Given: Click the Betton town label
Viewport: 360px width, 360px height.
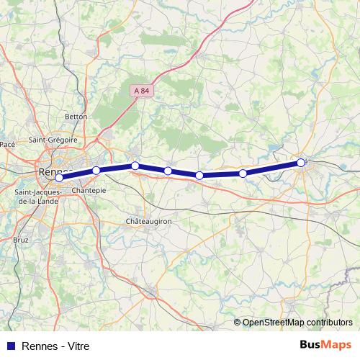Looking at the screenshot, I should [76, 116].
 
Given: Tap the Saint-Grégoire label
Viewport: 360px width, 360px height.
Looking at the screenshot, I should [53, 140].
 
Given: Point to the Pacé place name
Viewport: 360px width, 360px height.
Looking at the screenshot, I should [8, 145].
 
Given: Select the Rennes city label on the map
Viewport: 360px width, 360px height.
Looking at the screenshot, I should [52, 171].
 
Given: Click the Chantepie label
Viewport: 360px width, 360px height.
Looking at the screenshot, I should [89, 190].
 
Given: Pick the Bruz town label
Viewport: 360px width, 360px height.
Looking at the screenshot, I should [21, 238].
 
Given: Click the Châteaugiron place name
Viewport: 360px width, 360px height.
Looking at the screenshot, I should [148, 221].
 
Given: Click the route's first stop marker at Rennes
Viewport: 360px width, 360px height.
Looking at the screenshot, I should [60, 178].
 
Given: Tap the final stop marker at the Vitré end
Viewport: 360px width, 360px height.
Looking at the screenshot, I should [301, 163].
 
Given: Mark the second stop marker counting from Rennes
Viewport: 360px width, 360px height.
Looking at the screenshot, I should [96, 171].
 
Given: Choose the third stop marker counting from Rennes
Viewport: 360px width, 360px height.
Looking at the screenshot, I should [135, 166].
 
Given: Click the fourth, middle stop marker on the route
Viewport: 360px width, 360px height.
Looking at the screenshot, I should [168, 171].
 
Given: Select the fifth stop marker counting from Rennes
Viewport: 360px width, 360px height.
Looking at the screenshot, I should [199, 176].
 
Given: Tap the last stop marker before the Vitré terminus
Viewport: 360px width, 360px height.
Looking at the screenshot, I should [243, 174].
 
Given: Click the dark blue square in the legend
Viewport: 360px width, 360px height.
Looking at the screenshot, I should [10, 346].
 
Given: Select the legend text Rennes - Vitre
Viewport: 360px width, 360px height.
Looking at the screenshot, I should [56, 346].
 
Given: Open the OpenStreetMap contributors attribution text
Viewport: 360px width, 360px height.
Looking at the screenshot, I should [297, 323].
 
